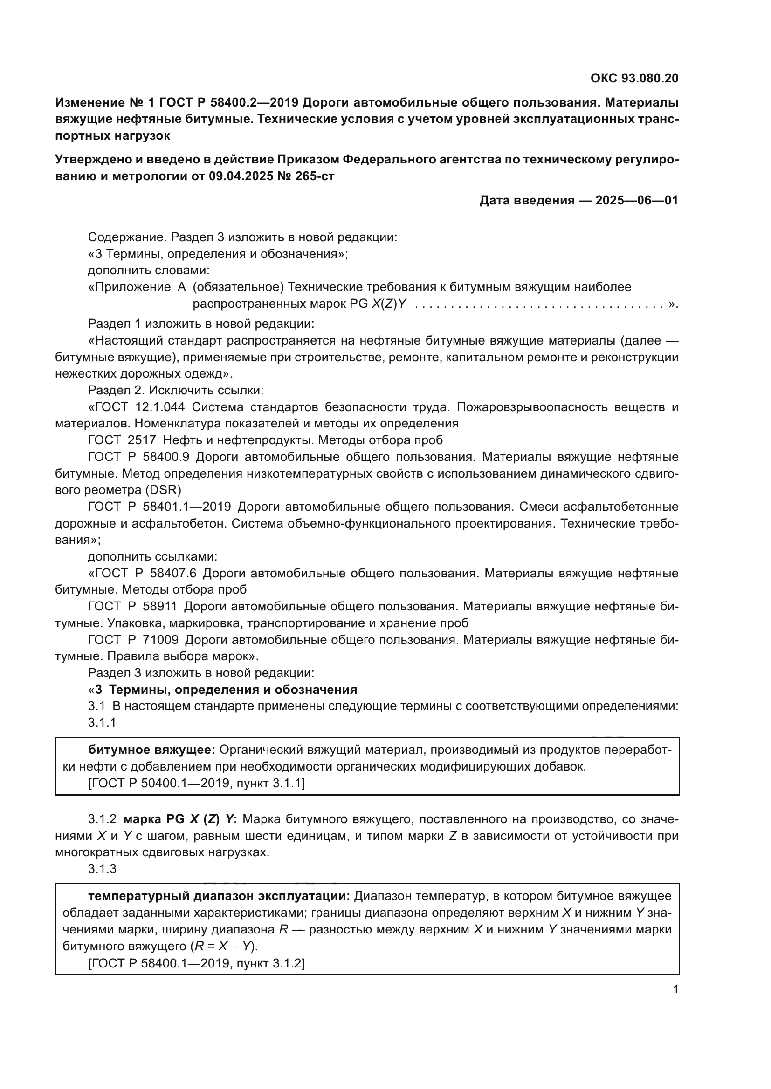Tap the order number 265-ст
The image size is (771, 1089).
(x=316, y=176)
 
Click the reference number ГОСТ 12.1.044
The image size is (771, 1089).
(x=140, y=407)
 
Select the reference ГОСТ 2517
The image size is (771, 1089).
(x=122, y=440)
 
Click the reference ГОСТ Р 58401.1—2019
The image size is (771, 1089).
(x=159, y=507)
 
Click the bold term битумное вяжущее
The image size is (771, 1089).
(x=152, y=750)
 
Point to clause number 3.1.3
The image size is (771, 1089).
(x=102, y=868)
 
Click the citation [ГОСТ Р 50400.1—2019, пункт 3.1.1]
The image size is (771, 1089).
(x=196, y=783)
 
